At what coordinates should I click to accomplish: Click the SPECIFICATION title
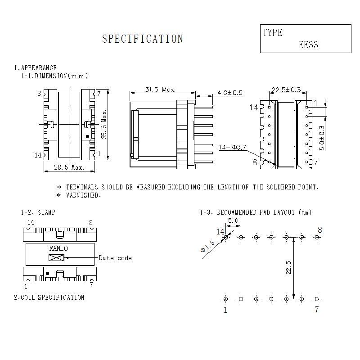143,39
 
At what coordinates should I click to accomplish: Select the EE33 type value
309,45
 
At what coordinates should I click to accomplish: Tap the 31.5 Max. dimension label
161,90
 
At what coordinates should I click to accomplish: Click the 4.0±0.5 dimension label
229,93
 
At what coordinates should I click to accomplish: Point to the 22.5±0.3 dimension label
286,90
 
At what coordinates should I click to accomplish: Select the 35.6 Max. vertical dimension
104,124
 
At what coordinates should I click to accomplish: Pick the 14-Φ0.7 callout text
233,147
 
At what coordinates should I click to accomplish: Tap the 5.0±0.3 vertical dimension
321,138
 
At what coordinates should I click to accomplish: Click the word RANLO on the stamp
58,248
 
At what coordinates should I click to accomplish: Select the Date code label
115,258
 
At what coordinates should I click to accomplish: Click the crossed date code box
57,258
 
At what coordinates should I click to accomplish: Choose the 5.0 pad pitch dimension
233,221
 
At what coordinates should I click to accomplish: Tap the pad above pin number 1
225,299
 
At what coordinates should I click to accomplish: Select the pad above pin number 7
317,299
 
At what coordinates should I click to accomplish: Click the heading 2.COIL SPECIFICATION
49,297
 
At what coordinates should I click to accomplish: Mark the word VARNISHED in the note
84,195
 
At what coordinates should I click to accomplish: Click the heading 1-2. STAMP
38,212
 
